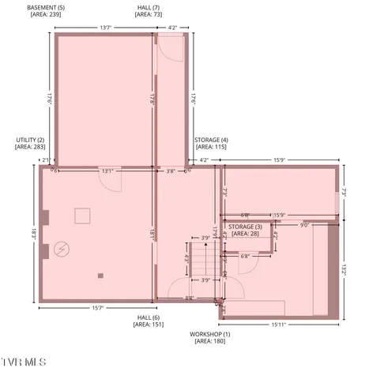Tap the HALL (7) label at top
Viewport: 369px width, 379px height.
(143, 10)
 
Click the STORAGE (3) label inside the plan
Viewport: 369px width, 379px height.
(245, 230)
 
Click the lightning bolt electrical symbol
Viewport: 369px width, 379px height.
(61, 250)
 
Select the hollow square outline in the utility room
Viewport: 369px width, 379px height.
(84, 216)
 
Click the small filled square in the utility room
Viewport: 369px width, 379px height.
(100, 276)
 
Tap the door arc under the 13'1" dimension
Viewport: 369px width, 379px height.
(115, 181)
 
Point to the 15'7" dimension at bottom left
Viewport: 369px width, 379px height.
(98, 307)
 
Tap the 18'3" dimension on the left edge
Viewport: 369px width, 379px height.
(35, 234)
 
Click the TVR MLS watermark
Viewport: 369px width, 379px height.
(24, 362)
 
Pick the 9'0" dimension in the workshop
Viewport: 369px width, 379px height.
(304, 224)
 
